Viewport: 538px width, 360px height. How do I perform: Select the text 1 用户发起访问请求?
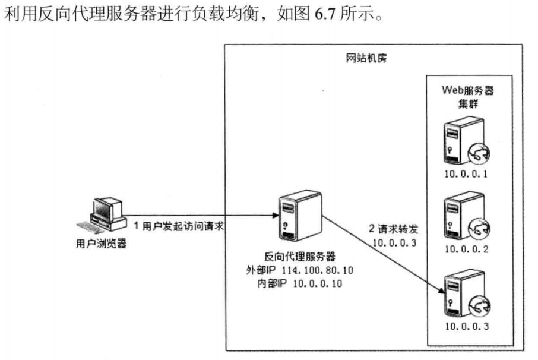coord(178,227)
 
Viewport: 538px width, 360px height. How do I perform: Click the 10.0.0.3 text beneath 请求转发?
coord(391,242)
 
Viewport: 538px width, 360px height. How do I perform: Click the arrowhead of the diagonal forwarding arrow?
coord(442,292)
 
